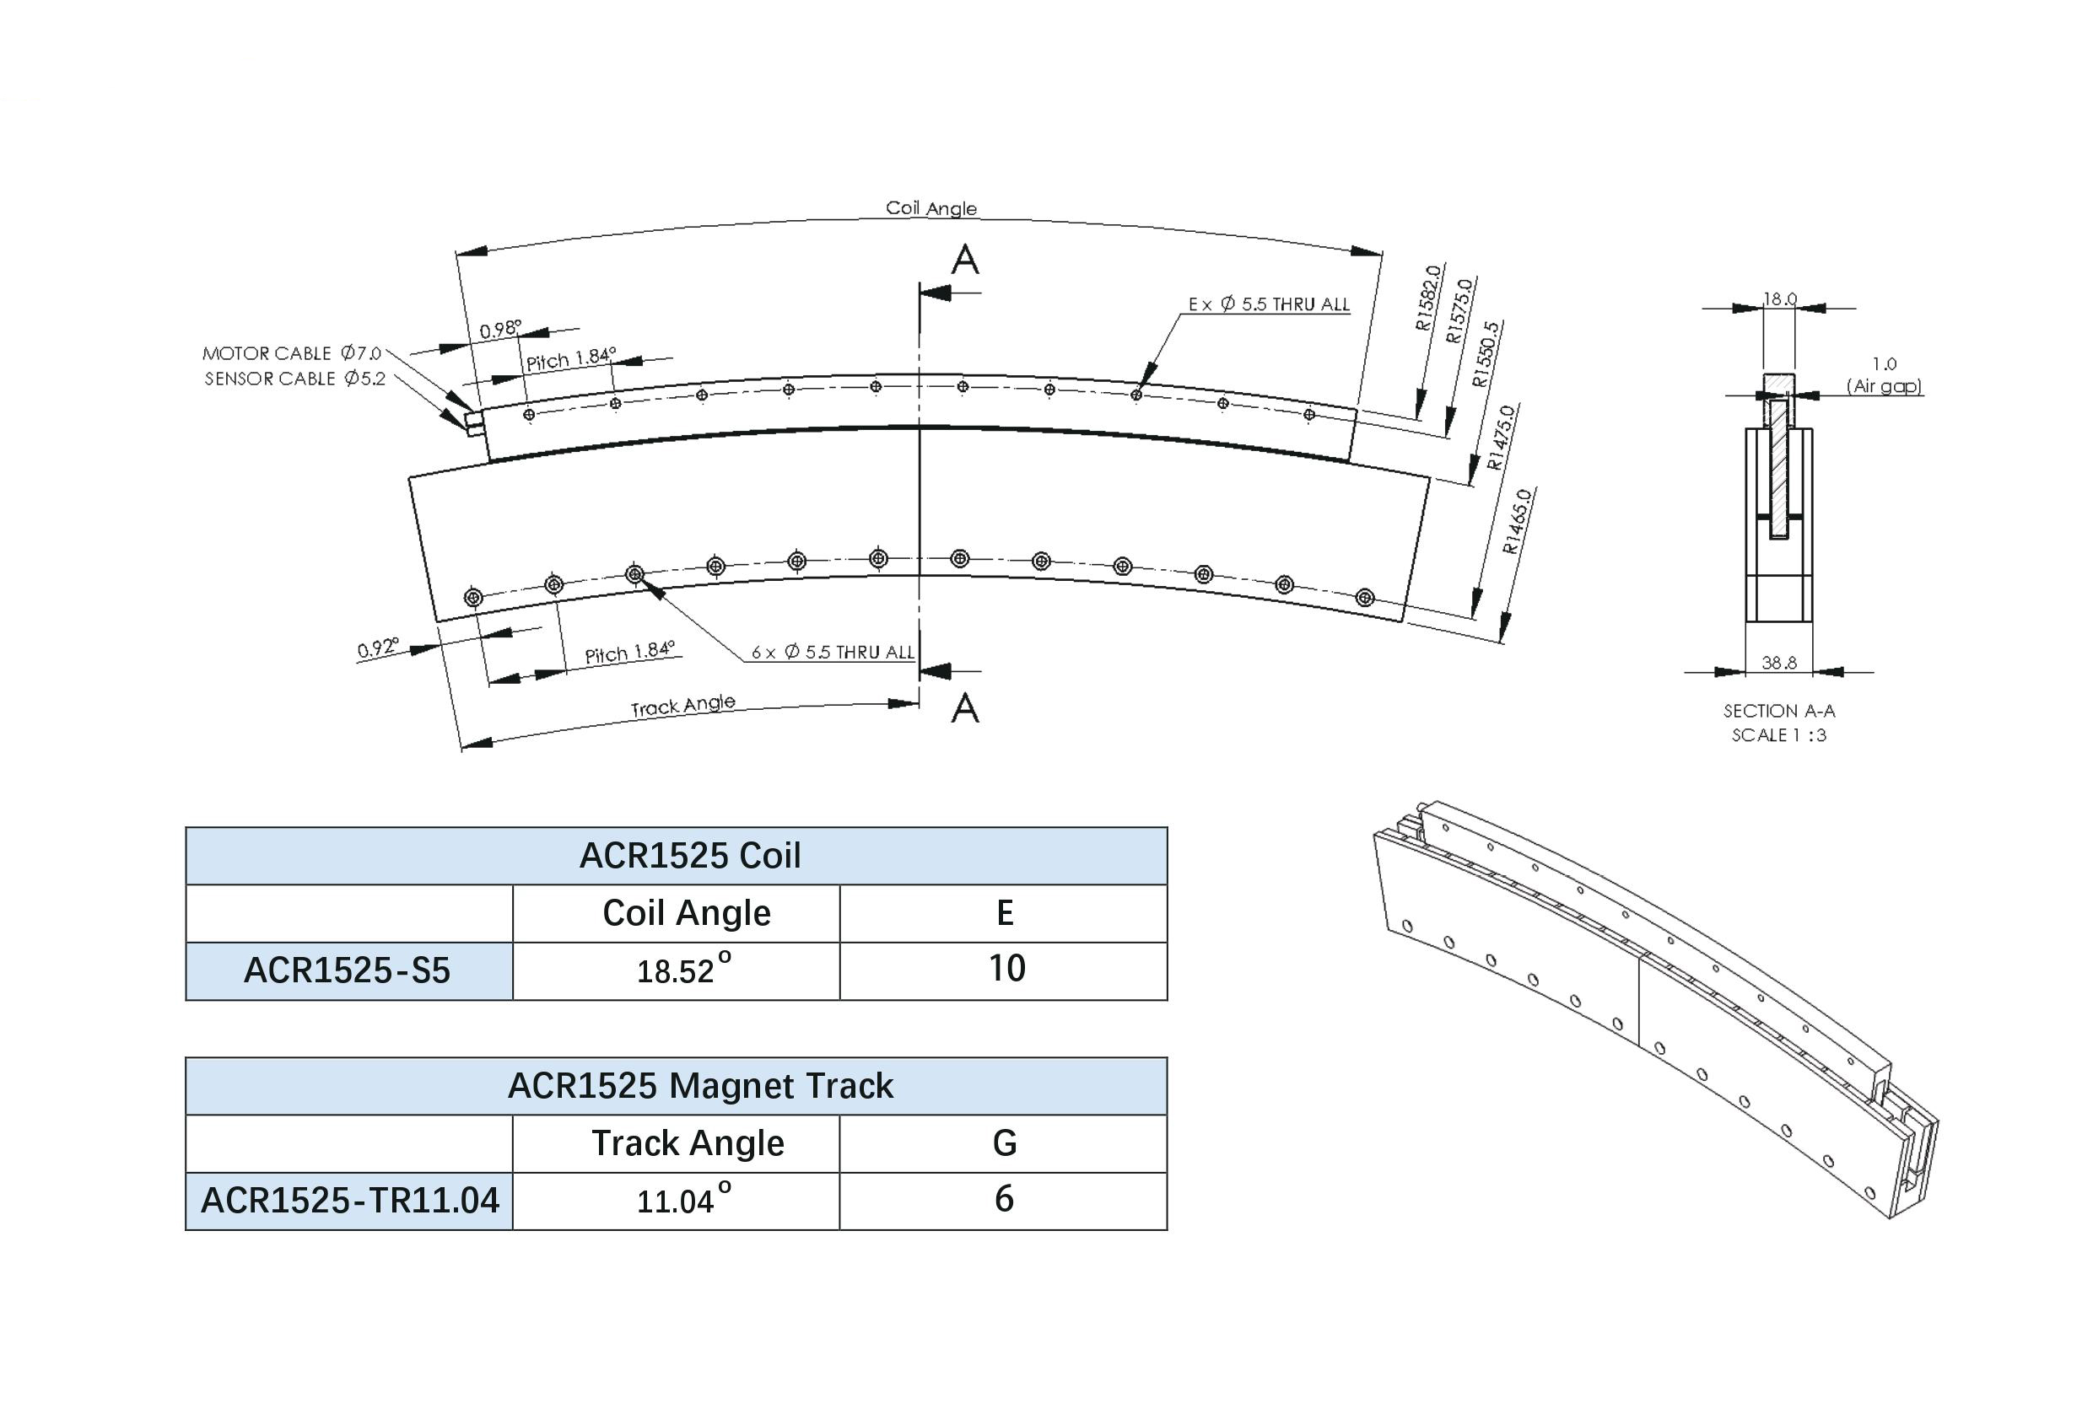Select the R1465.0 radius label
1518,521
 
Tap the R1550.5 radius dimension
1487,354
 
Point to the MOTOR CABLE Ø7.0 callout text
292,353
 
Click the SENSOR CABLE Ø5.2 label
295,379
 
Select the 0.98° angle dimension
500,330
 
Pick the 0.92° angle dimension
378,648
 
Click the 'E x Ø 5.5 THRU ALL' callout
1269,304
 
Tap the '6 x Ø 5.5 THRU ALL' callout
833,653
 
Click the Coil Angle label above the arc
931,208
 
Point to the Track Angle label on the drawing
683,706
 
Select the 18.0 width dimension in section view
1780,298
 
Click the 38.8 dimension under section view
1779,663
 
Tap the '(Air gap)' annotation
1885,386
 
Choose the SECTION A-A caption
1779,712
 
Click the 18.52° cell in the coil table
684,969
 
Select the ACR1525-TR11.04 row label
350,1200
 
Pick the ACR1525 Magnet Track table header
700,1085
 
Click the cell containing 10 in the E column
1006,969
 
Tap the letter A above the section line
965,260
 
